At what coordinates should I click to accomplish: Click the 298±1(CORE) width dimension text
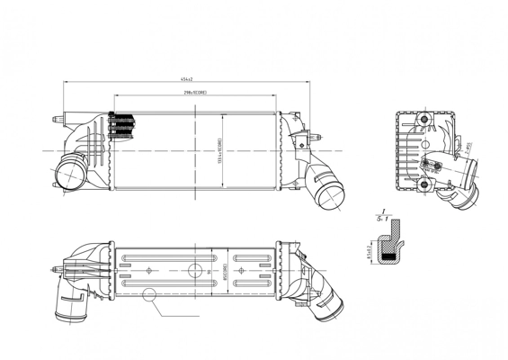coord(196,92)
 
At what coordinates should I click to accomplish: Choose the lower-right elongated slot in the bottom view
coord(251,283)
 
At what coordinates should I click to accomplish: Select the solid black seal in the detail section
coord(389,257)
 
